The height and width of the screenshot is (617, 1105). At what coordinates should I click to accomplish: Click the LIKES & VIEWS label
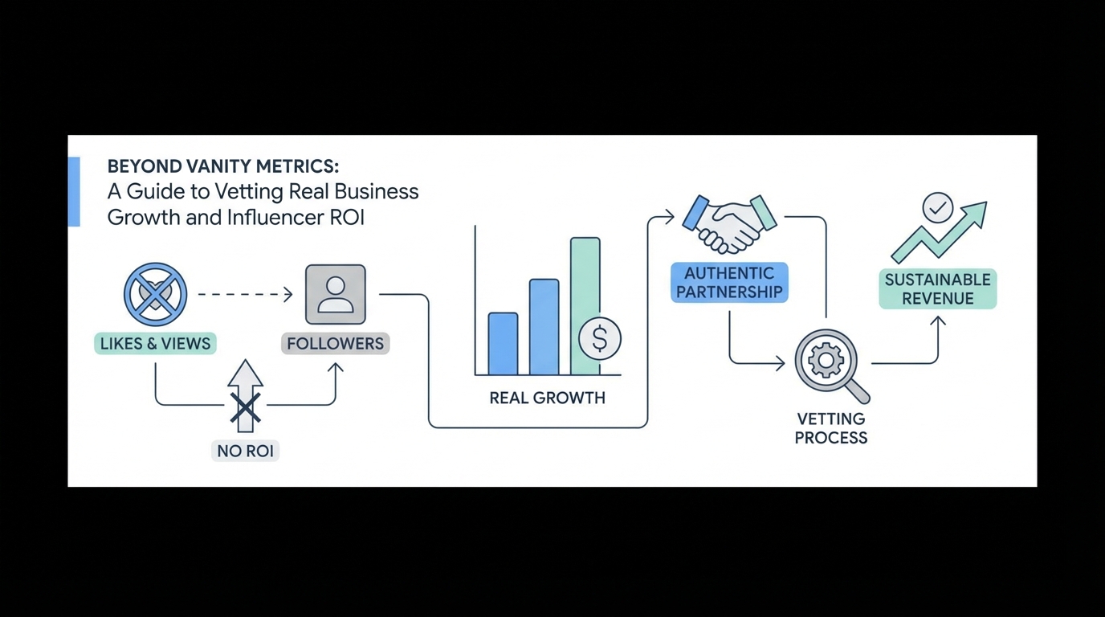[x=155, y=344]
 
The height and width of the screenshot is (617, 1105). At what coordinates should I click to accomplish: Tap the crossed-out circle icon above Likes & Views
[x=155, y=294]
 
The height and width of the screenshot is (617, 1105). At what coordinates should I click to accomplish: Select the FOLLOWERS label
[x=336, y=344]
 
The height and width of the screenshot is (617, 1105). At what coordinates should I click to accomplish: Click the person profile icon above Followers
[x=336, y=295]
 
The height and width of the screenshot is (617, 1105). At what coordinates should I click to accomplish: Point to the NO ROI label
[x=245, y=451]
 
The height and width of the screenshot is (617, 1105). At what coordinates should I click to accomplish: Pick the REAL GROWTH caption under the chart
[x=547, y=398]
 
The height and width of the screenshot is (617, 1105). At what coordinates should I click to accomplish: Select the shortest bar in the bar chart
[x=503, y=344]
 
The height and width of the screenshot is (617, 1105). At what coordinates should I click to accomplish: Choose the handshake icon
[x=729, y=223]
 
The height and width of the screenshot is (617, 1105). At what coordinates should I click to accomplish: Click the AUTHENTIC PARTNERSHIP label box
[x=729, y=283]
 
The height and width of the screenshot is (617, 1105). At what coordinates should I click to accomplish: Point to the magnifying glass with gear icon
[x=828, y=363]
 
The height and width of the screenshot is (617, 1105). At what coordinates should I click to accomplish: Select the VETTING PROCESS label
[x=831, y=428]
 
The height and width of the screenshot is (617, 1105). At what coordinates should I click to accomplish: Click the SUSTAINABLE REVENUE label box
[x=937, y=289]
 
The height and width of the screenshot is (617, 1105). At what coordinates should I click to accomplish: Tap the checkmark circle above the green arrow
[x=937, y=208]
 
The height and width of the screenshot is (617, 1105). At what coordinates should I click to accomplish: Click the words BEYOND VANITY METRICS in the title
[x=223, y=166]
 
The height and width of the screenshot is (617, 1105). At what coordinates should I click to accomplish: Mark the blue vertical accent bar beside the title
[x=74, y=191]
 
